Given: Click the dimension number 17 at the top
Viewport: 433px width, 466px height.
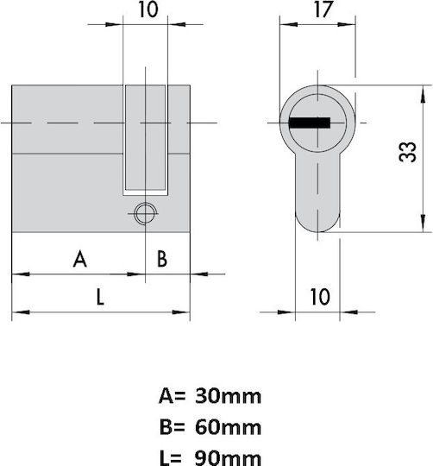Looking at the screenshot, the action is (x=323, y=9).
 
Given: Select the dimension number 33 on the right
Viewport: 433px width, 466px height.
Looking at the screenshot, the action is (x=407, y=152).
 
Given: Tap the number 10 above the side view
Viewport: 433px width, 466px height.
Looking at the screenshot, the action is (x=148, y=9).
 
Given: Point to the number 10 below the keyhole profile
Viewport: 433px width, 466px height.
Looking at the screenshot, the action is (x=320, y=297).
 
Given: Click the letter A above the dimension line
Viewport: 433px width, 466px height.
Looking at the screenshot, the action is (x=80, y=259).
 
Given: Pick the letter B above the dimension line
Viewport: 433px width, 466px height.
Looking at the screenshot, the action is (x=162, y=259).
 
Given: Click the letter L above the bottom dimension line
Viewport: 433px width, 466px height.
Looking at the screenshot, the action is (x=100, y=297).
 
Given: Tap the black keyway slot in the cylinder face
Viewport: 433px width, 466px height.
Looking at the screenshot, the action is (x=310, y=123).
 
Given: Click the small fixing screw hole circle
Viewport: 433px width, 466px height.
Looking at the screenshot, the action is (x=145, y=213).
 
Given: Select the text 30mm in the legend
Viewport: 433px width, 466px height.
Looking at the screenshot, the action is (x=228, y=396).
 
